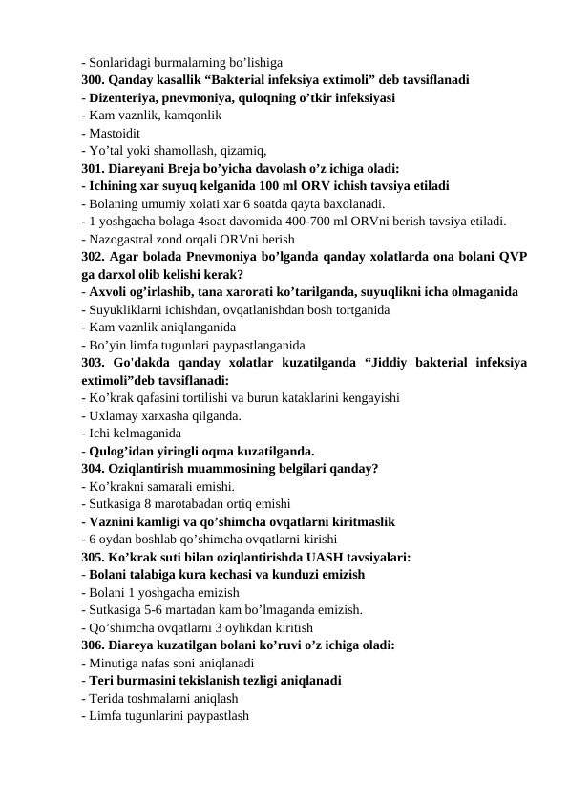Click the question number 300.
pyautogui.click(x=93, y=80)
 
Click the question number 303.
pyautogui.click(x=93, y=363)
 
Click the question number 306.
pyautogui.click(x=93, y=645)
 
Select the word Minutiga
pyautogui.click(x=116, y=664)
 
